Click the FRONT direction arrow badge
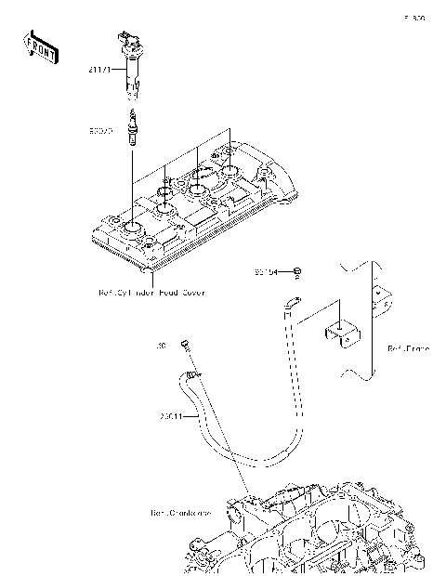[35, 46]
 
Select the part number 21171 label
[99, 69]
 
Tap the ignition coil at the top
[129, 67]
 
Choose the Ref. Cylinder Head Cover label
[151, 292]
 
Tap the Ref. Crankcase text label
[181, 512]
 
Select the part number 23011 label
[173, 416]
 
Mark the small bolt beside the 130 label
[185, 345]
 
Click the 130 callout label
[162, 346]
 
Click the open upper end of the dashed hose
[293, 299]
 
